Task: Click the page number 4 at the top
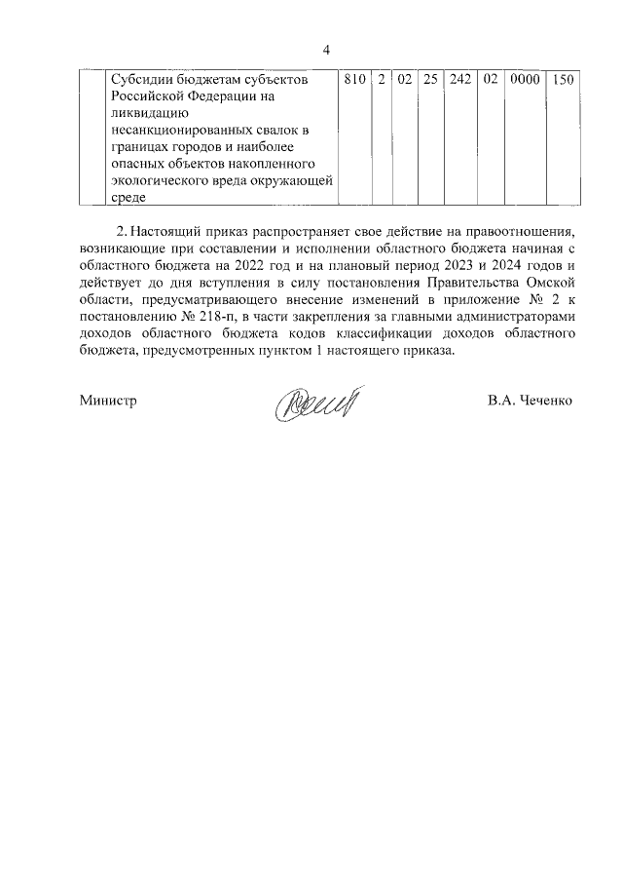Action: [327, 51]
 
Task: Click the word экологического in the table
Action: [160, 180]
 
